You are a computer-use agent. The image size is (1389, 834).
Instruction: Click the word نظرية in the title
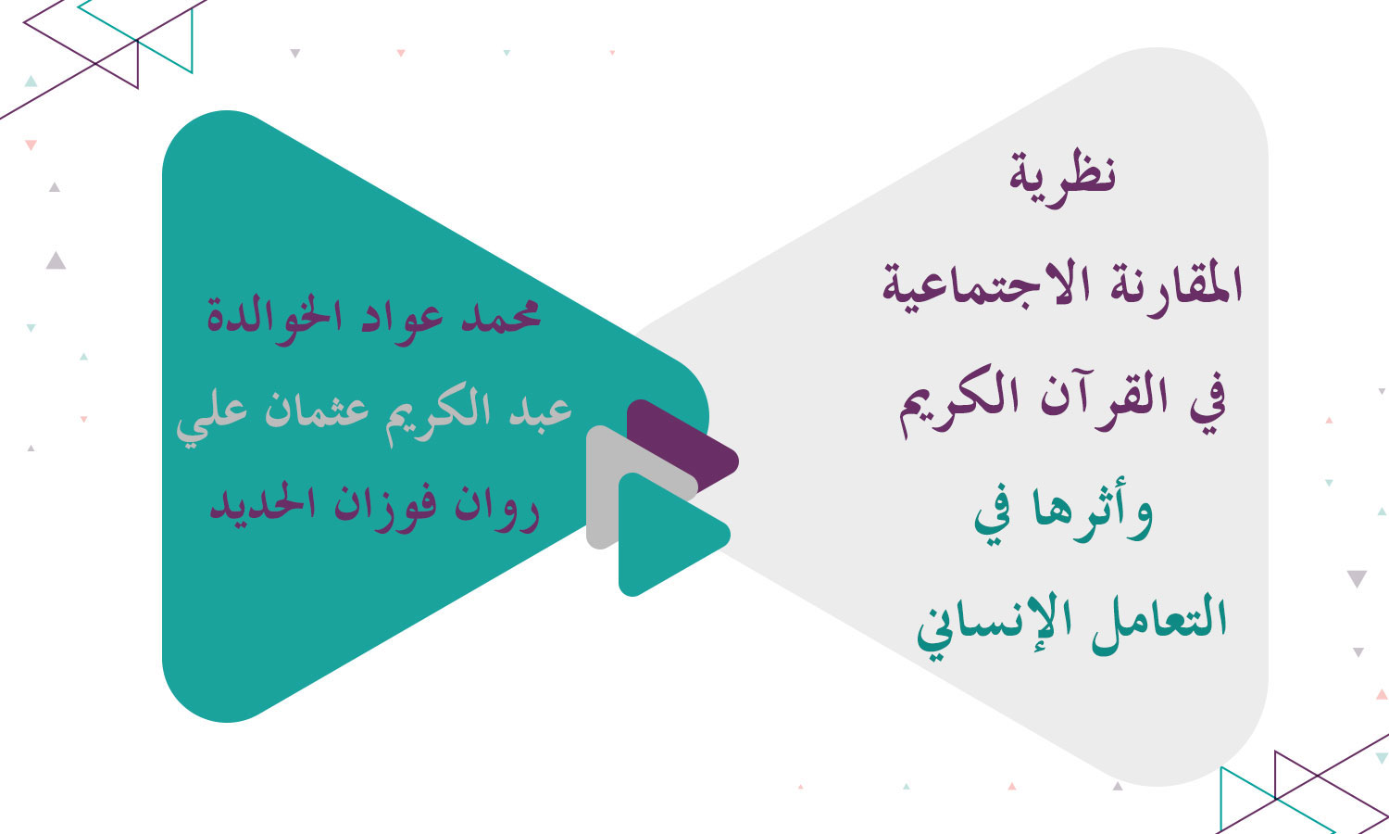tap(1063, 175)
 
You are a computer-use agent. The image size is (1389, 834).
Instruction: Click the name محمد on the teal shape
tap(503, 316)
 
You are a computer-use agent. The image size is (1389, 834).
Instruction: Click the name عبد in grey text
tap(541, 411)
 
